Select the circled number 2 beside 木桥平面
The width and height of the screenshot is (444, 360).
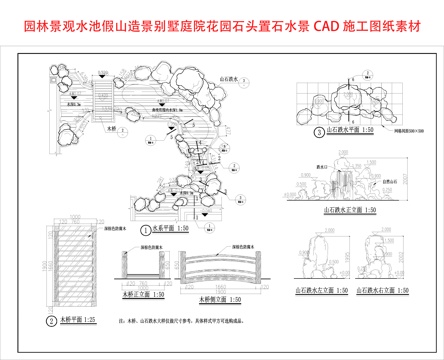51,321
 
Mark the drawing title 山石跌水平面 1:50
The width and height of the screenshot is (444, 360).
350,130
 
